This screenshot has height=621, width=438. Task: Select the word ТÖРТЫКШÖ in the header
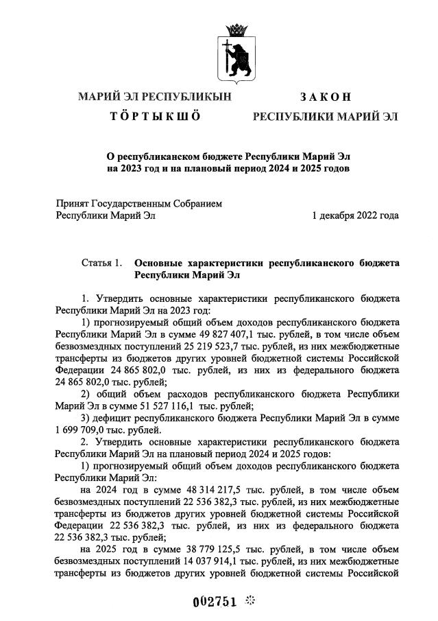coord(155,116)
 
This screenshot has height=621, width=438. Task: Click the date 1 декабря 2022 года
coord(354,215)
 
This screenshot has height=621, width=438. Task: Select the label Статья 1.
coord(101,262)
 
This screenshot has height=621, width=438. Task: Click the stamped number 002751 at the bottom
coord(214,601)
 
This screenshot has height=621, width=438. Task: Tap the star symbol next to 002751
coord(250,601)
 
